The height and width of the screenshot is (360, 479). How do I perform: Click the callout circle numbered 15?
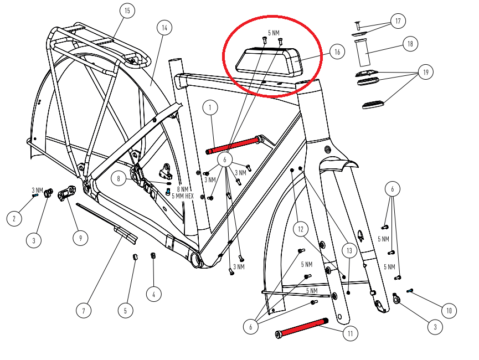coord(127,11)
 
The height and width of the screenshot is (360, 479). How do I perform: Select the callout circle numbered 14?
coord(164,28)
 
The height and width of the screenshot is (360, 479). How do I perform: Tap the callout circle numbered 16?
coord(337,52)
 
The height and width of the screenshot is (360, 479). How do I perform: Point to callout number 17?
coord(398,21)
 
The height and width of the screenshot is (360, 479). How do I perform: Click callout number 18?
coord(410,44)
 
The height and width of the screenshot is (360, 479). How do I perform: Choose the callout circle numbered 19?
coord(425,72)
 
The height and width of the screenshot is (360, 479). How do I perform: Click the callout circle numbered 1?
coord(210,107)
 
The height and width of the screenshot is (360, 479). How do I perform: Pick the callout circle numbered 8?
coord(119,178)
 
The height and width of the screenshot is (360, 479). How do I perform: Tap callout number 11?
coord(350,333)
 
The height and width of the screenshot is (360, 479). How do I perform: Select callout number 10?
coord(449,311)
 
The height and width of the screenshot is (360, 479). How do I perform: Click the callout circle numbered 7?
coord(84,311)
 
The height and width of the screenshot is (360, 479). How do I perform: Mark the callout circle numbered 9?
coord(81,238)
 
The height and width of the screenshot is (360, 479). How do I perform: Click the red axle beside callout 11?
coord(302,327)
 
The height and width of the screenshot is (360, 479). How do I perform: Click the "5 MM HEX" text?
coord(183,196)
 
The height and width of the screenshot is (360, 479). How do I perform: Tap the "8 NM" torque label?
coord(182,189)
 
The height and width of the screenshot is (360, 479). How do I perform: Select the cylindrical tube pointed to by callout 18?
coord(363,53)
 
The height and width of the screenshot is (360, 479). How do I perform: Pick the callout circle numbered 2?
coord(14,219)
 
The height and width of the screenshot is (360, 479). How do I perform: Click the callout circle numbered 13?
coord(349,251)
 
